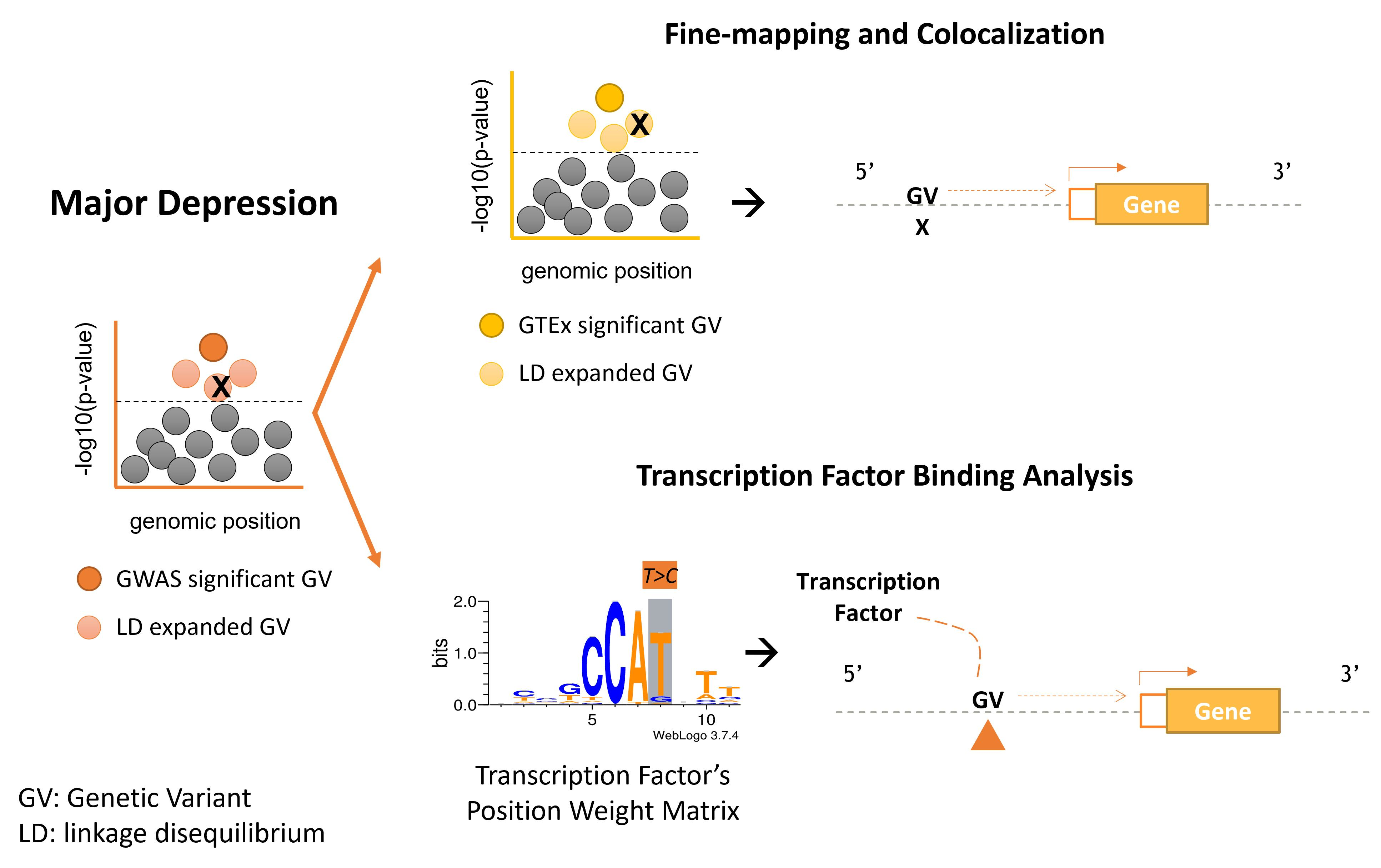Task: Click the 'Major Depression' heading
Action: [x=194, y=203]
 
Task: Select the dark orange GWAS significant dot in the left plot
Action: [x=214, y=347]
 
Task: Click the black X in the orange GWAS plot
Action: [x=221, y=387]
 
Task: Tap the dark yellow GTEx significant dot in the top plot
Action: [x=609, y=97]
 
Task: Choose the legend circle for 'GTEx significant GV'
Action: [x=492, y=325]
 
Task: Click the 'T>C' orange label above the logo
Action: [x=659, y=576]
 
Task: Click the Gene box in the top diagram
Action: [x=1151, y=204]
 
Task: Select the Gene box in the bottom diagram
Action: [x=1222, y=711]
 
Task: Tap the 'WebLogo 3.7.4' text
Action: [x=695, y=736]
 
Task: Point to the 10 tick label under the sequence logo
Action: [x=706, y=719]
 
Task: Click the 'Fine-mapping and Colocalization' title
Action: [x=884, y=34]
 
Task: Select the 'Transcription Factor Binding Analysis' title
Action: [x=884, y=476]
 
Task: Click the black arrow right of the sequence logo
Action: [x=761, y=652]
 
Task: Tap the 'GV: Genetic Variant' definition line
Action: [x=135, y=798]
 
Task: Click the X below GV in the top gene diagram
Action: [x=921, y=228]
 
